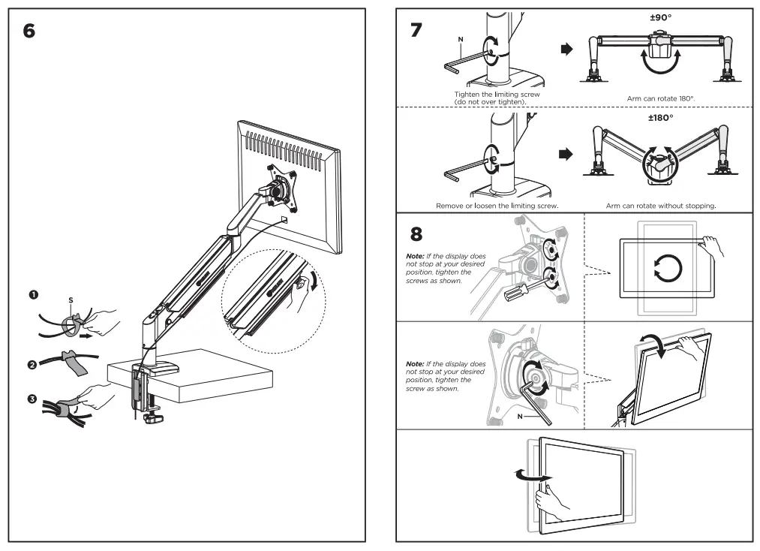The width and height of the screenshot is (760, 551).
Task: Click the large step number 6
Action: pos(29,32)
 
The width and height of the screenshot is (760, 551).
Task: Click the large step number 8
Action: pos(416,233)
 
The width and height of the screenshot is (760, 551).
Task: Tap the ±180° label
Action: pos(661,118)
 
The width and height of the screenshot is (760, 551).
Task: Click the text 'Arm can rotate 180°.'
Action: pos(661,98)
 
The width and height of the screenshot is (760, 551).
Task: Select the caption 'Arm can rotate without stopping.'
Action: pos(661,205)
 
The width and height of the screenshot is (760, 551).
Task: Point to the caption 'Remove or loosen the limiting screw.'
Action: pos(497,205)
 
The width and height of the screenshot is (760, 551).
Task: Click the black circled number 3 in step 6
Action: pos(33,399)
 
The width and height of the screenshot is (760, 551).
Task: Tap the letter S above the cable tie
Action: pos(70,300)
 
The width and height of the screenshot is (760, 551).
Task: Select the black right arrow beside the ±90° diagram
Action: pos(566,50)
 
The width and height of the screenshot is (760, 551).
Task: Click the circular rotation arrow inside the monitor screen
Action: pos(667,267)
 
